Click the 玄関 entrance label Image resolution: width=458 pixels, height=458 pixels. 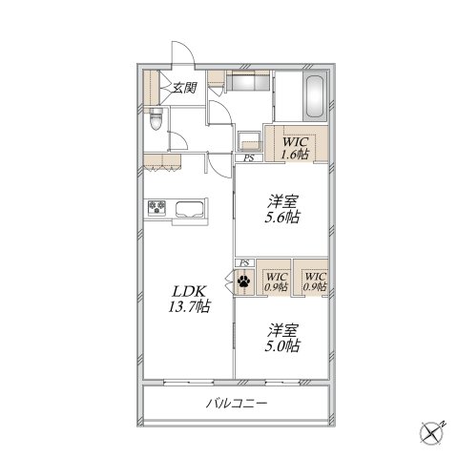[184, 87]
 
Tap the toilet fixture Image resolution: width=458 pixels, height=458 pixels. [156, 119]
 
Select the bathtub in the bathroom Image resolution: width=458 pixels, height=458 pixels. [315, 96]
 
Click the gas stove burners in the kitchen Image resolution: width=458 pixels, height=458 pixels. [156, 207]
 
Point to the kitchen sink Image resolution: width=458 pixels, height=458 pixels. [190, 209]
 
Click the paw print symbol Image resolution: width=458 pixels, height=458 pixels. [244, 281]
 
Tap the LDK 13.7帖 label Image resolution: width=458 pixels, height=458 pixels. [189, 299]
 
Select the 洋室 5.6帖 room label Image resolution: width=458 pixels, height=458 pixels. [282, 209]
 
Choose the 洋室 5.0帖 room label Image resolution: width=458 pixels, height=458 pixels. [282, 338]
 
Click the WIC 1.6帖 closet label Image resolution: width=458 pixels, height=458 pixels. [296, 148]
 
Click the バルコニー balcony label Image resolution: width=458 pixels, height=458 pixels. [237, 404]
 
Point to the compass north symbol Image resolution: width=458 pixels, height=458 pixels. [432, 433]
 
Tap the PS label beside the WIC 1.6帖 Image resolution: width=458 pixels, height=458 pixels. [249, 158]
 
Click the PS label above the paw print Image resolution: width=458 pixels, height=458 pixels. [244, 263]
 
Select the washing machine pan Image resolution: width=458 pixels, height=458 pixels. [250, 141]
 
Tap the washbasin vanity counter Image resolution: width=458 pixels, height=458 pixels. [248, 80]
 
